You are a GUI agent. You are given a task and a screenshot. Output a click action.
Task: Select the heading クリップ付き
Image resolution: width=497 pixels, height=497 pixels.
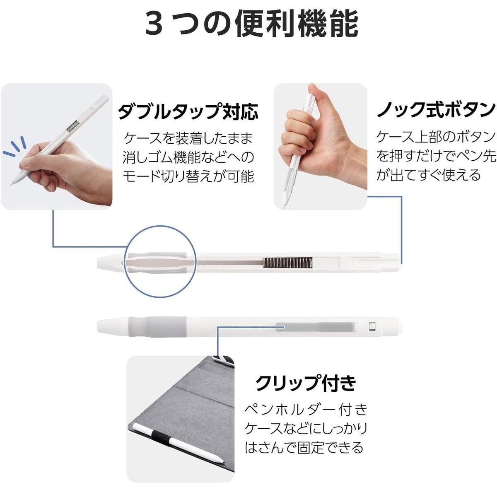pos(306,383)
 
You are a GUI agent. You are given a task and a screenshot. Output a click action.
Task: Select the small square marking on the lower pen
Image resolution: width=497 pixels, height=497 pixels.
pos(372,326)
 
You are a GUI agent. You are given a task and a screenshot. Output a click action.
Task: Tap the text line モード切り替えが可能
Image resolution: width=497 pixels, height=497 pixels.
pos(188,176)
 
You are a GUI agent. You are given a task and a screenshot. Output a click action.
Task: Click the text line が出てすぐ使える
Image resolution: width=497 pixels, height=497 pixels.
pos(429,175)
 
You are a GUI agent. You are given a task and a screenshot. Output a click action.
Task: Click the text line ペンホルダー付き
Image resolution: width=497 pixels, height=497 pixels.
pos(306,410)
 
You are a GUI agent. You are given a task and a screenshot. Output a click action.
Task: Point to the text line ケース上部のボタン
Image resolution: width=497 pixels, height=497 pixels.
pos(436,137)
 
